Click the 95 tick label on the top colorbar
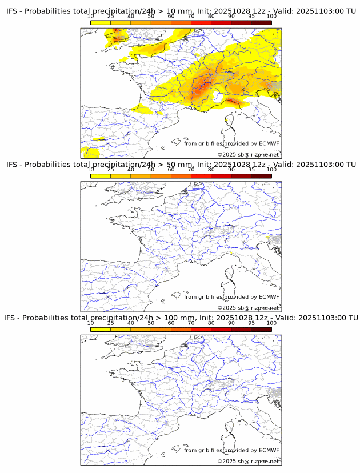coord(251,16)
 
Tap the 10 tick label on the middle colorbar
coord(91,170)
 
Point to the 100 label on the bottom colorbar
coord(271,323)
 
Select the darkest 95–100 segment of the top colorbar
coord(261,22)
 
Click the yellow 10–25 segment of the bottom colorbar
coord(101,329)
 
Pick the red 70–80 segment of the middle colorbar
coord(201,176)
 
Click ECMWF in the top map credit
coord(269,143)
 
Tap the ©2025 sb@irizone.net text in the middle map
coord(248,308)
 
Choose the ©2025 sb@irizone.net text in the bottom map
coord(248,461)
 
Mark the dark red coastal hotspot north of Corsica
coord(233,102)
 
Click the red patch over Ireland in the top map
coord(116,31)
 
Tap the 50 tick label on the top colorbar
coord(151,16)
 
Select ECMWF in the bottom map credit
coord(269,450)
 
